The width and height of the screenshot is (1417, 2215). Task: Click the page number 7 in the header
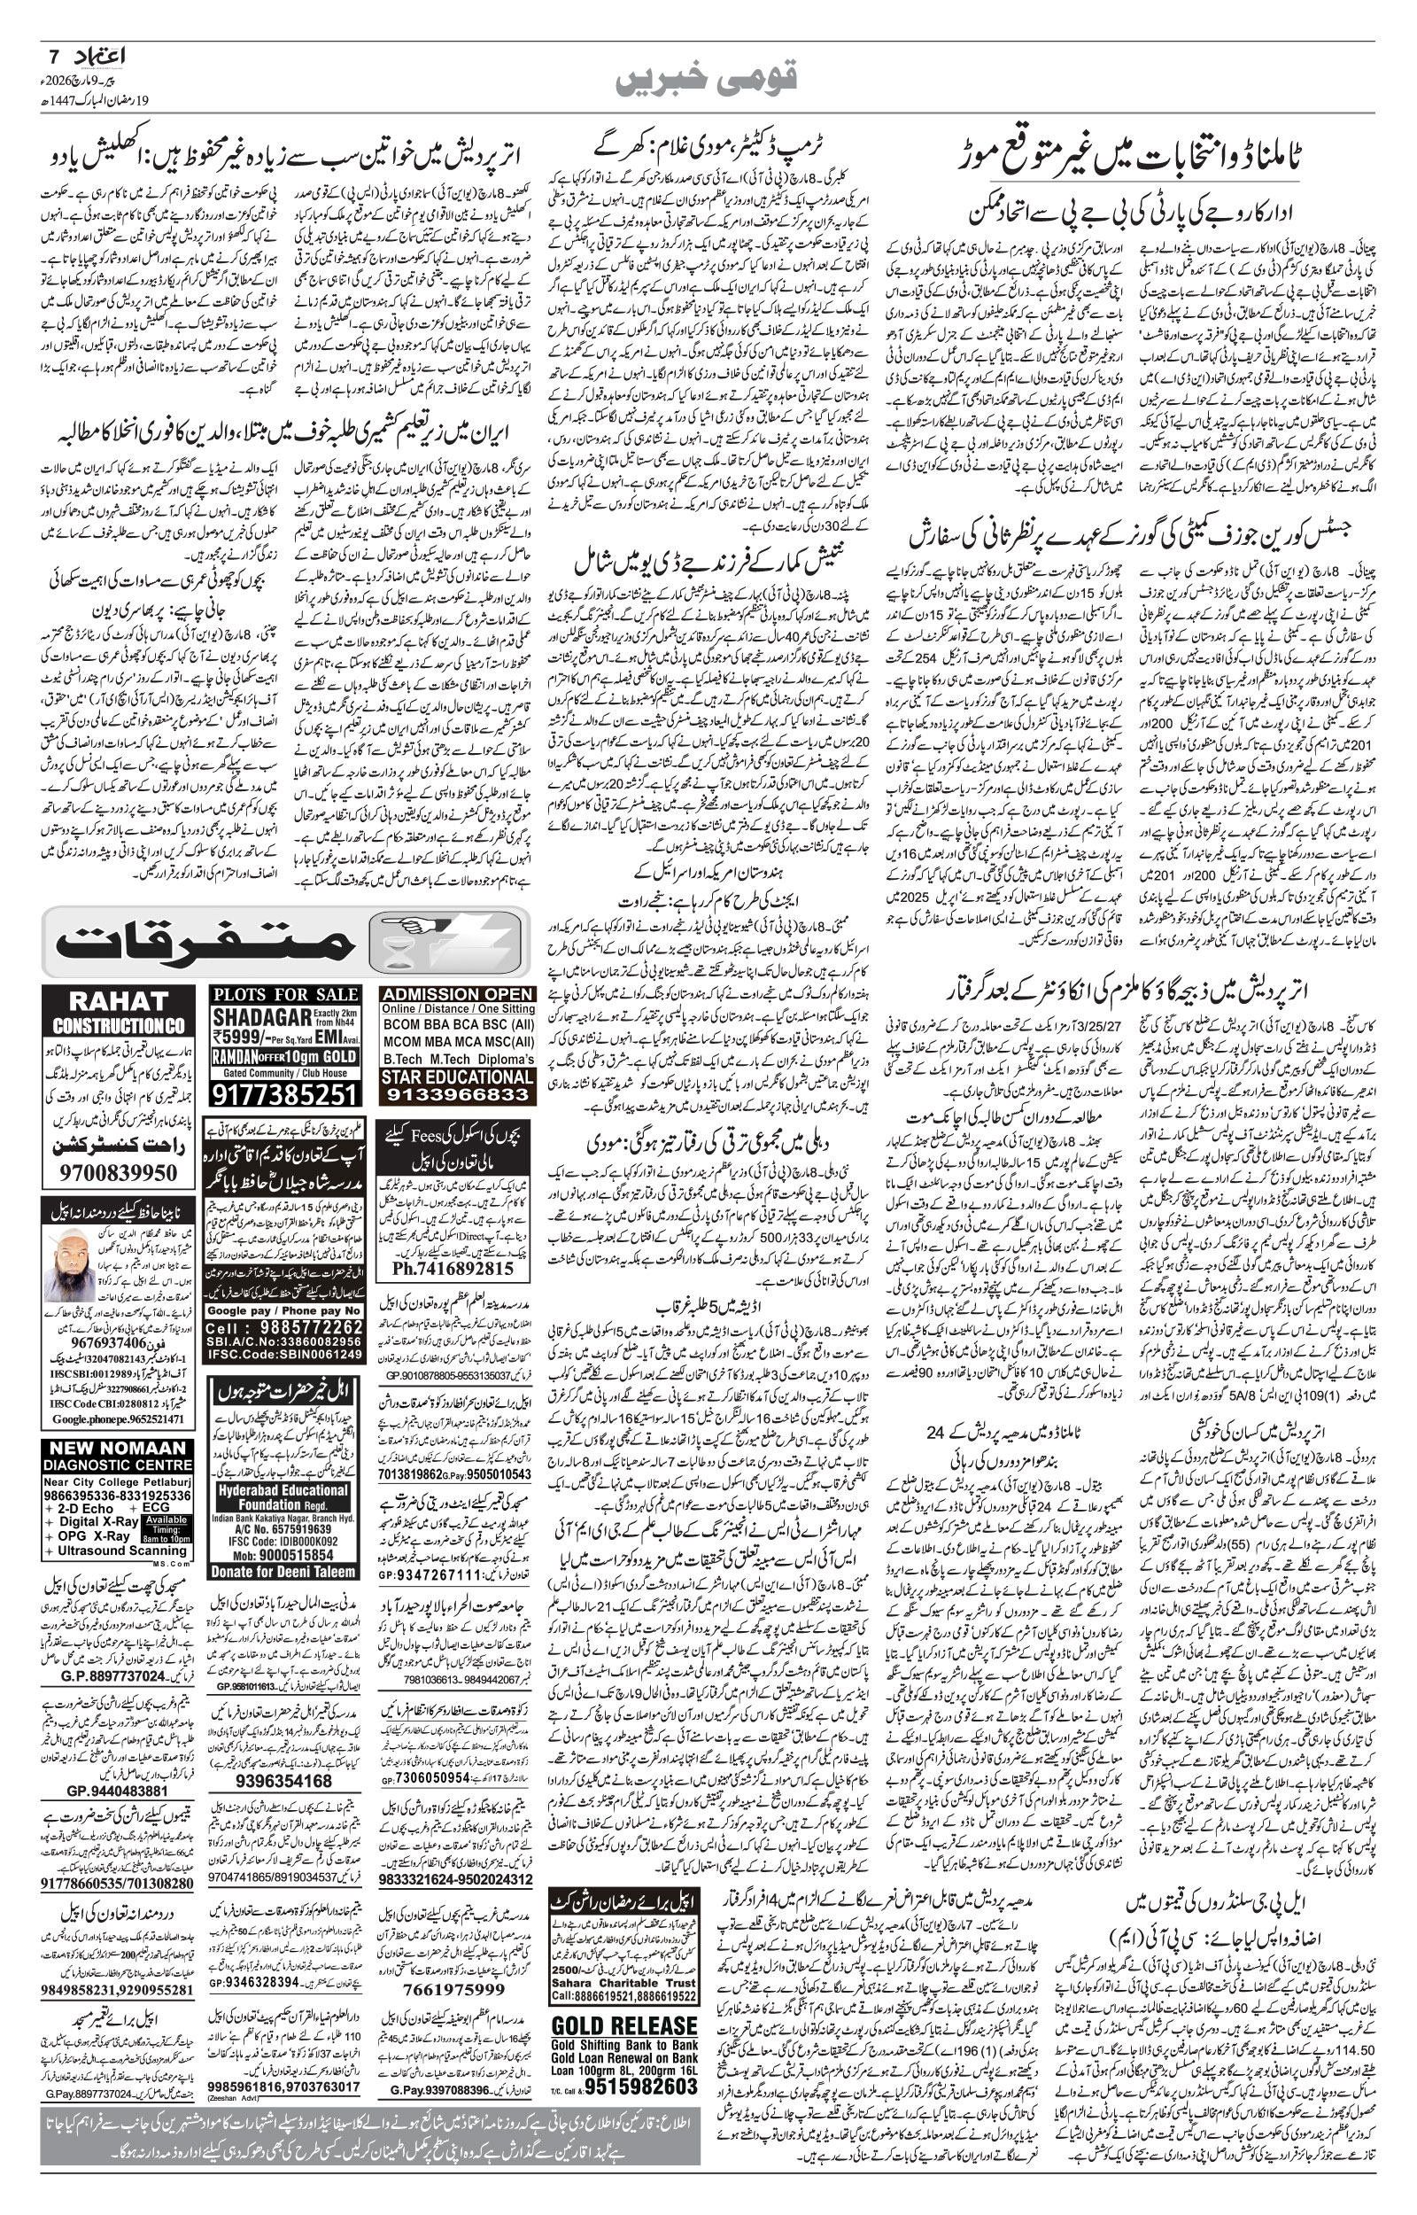pos(52,56)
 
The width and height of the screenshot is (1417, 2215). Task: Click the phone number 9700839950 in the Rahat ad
pos(118,1173)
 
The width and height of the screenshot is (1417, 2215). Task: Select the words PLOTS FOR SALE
pos(285,994)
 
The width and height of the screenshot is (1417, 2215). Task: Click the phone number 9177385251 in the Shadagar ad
pos(285,1094)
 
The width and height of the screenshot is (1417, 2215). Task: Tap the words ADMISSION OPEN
pos(457,994)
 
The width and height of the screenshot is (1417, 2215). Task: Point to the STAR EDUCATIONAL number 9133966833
pos(457,1095)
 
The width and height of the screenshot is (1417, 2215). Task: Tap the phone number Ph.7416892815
pos(453,1268)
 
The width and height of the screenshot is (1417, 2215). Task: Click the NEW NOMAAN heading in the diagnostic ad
pos(118,1448)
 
